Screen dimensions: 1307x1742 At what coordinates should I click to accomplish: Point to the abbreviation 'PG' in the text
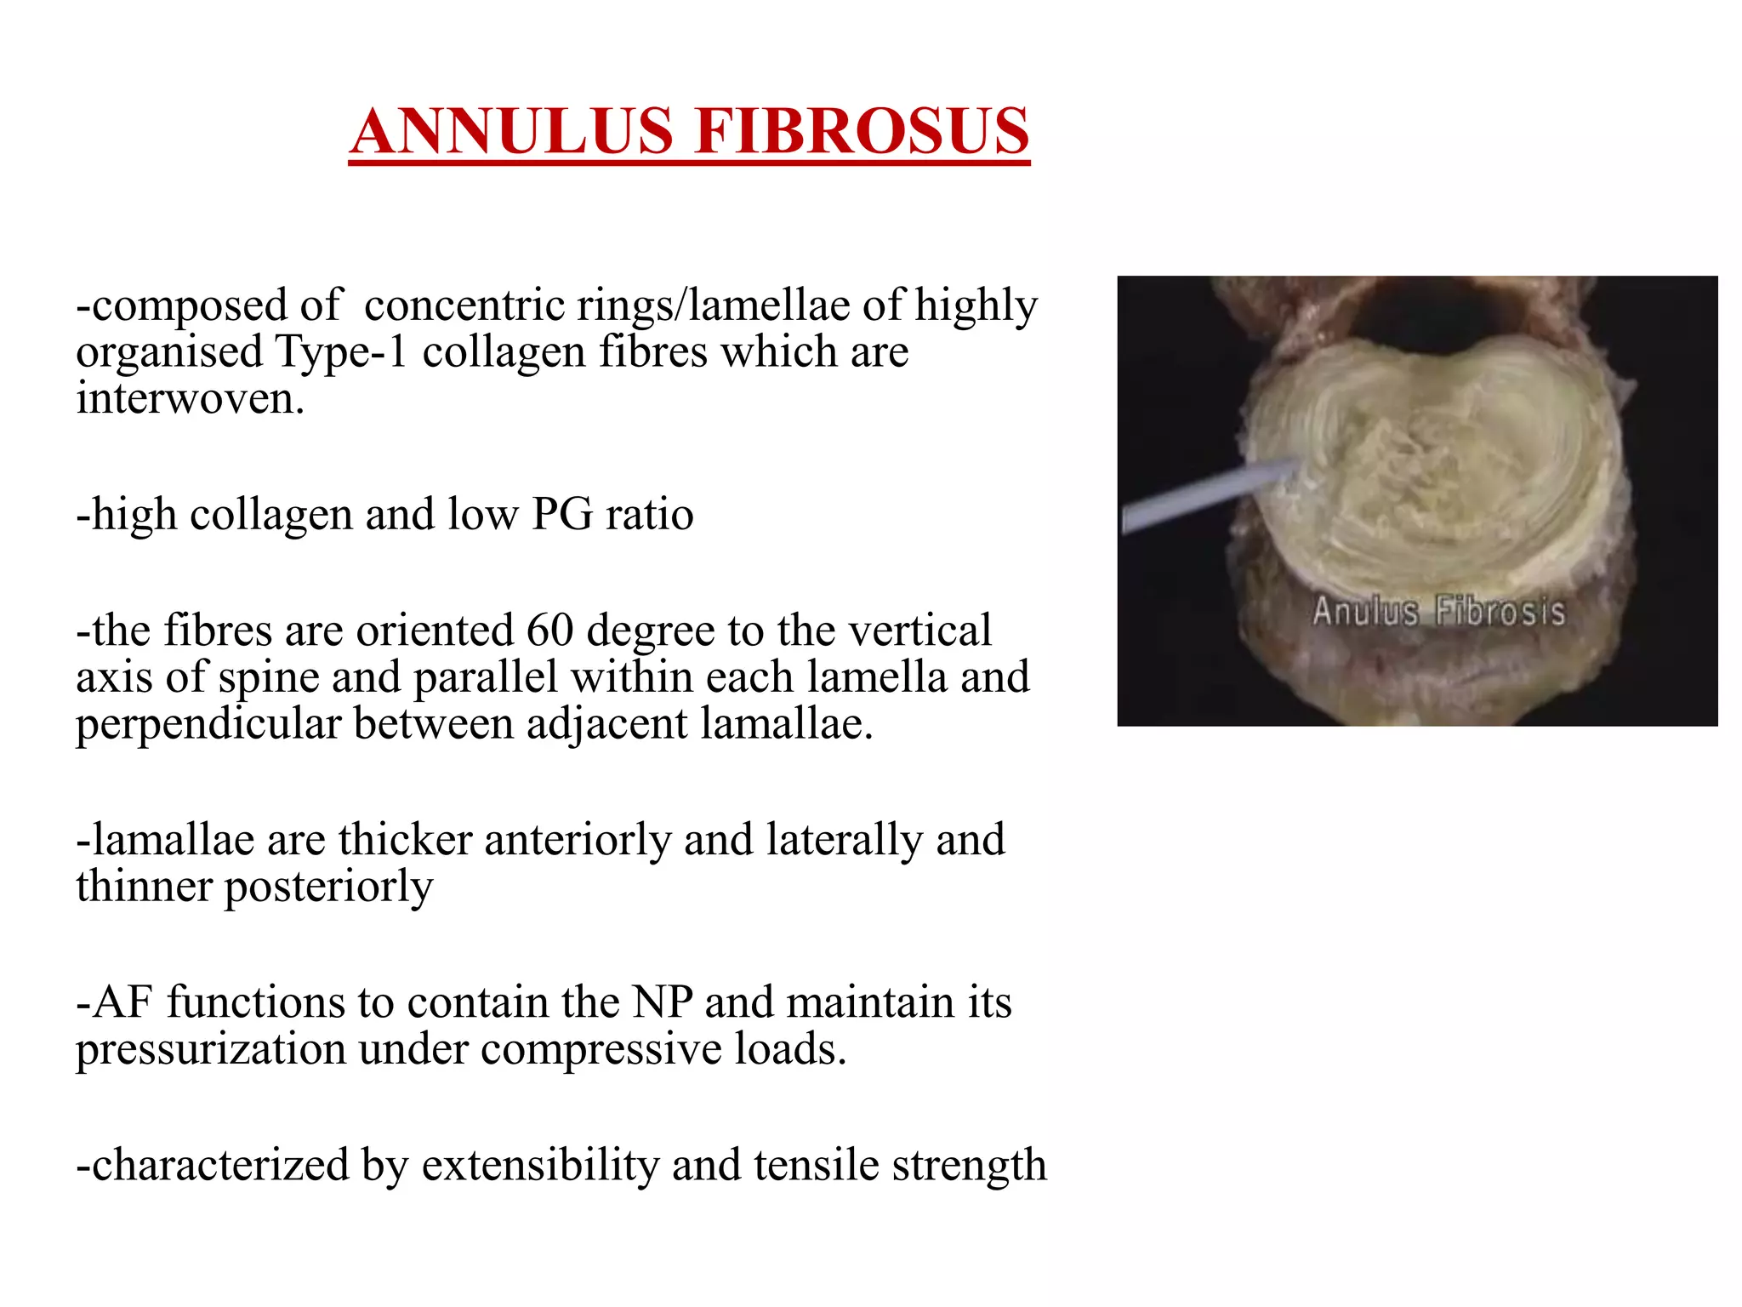point(561,514)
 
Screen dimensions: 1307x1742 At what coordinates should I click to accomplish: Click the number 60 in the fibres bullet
point(549,631)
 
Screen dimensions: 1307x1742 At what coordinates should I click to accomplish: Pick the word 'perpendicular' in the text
point(208,724)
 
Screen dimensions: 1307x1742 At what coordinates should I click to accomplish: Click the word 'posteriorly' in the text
point(328,887)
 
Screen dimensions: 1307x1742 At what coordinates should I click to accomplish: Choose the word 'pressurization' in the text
point(210,1049)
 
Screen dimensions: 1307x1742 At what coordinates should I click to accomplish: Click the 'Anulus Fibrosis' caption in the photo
point(1438,612)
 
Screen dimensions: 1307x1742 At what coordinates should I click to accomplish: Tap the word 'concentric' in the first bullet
point(464,305)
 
